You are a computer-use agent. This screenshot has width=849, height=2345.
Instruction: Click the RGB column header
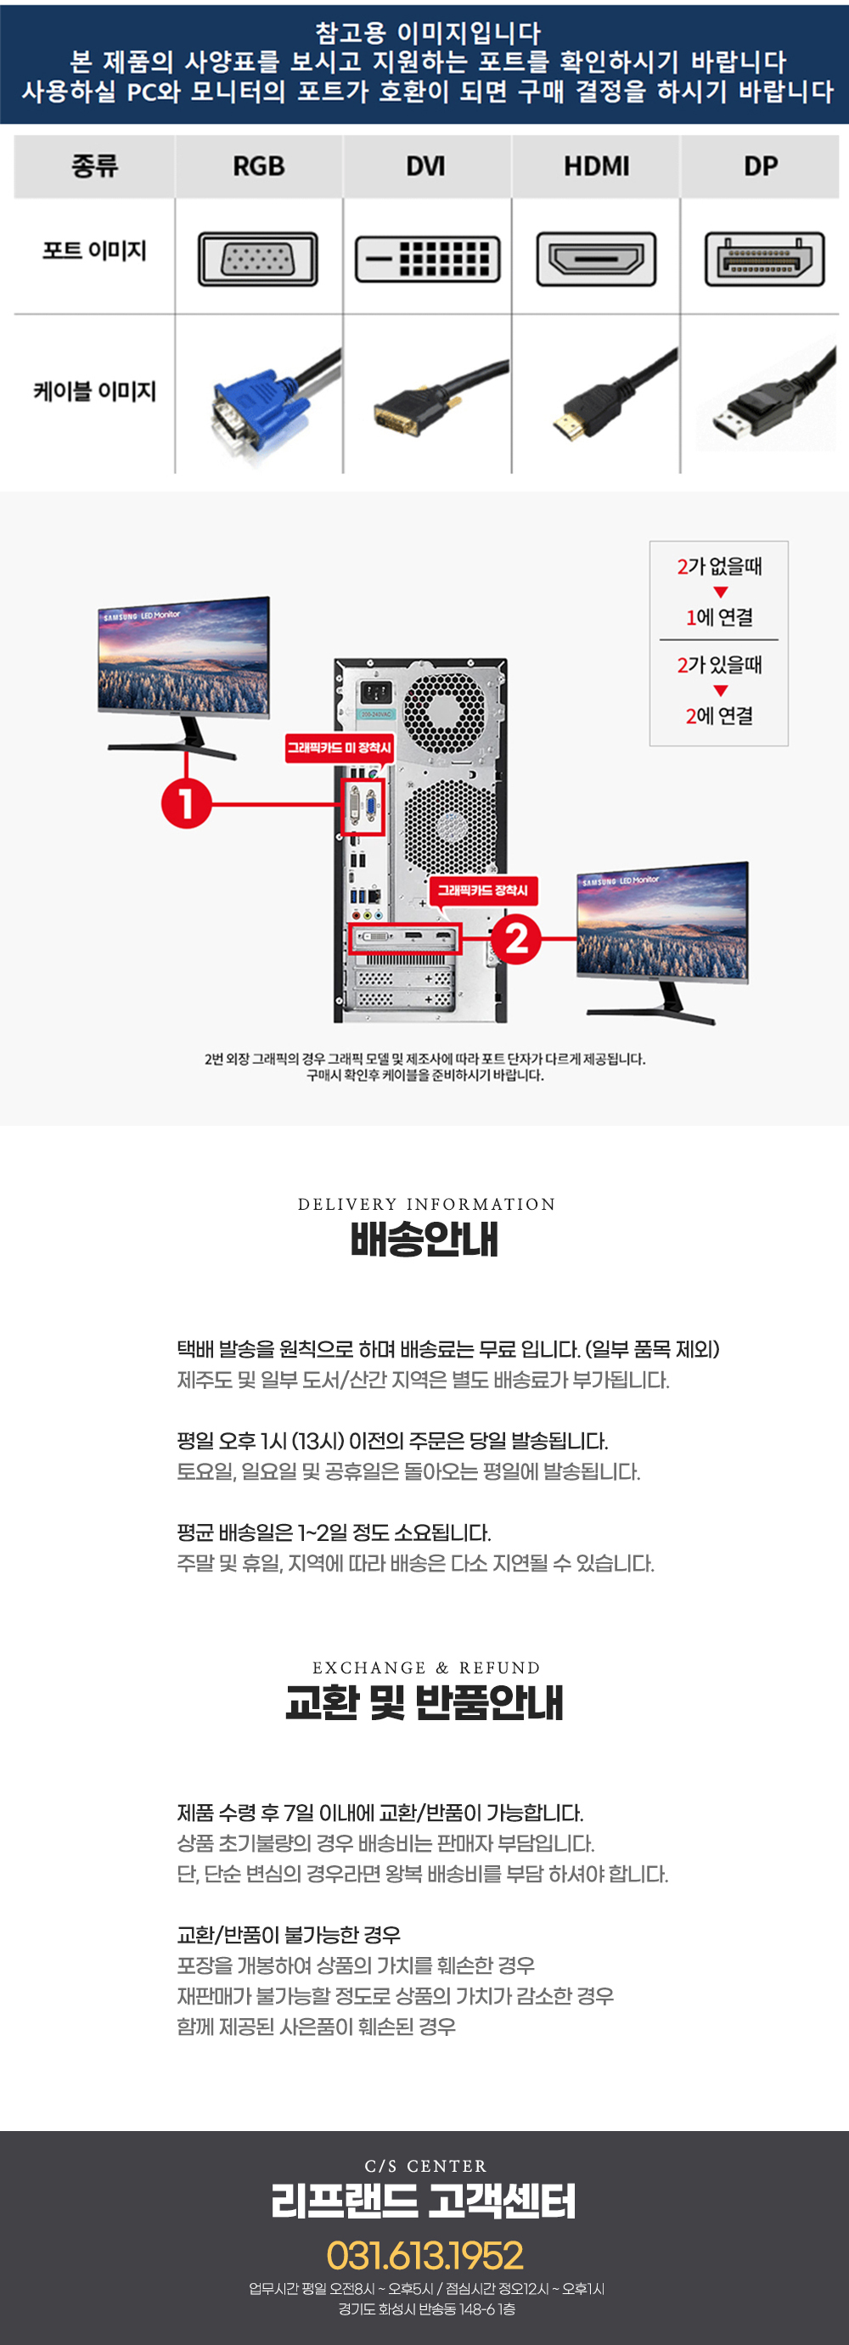(258, 166)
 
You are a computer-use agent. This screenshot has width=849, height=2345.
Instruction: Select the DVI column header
(426, 166)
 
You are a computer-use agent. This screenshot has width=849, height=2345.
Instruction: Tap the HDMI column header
(596, 166)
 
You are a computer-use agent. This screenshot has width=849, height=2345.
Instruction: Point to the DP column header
(761, 166)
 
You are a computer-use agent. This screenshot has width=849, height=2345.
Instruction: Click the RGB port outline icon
(258, 260)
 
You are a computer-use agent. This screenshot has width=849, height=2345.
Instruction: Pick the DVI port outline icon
(427, 260)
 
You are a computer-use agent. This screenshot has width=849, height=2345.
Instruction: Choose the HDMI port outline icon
(596, 260)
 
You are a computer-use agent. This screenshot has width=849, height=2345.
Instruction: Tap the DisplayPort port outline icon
(764, 260)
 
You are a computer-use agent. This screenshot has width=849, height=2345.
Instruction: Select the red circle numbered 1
(186, 804)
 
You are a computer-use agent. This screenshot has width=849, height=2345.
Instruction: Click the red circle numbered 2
(516, 938)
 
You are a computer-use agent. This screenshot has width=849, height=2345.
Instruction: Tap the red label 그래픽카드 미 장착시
(339, 748)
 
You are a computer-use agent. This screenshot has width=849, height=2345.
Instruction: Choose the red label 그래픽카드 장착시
(482, 891)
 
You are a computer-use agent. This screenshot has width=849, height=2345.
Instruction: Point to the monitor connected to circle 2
(662, 942)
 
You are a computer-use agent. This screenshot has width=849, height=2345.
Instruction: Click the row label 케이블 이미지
(94, 391)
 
